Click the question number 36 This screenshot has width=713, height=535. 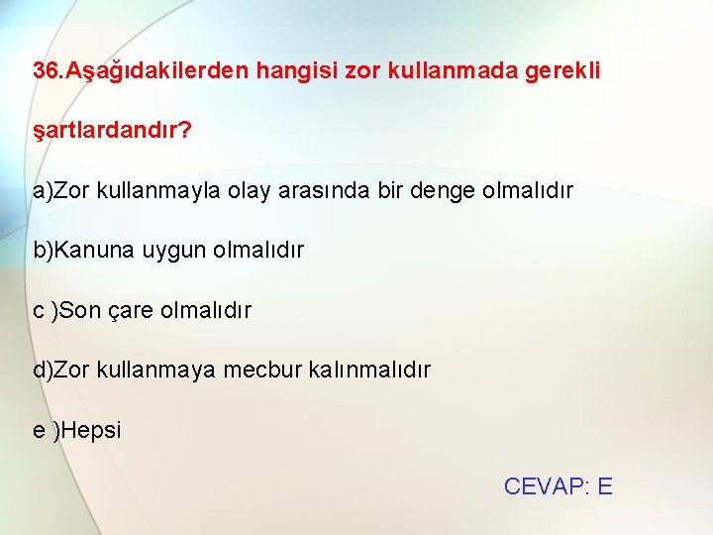tap(46, 71)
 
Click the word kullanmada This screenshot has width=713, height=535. tap(447, 71)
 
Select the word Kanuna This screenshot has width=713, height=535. tap(96, 250)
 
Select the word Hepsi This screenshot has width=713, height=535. tap(91, 430)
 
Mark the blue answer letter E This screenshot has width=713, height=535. tap(605, 486)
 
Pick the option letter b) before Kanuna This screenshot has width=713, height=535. tap(43, 250)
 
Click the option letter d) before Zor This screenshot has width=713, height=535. tap(43, 370)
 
